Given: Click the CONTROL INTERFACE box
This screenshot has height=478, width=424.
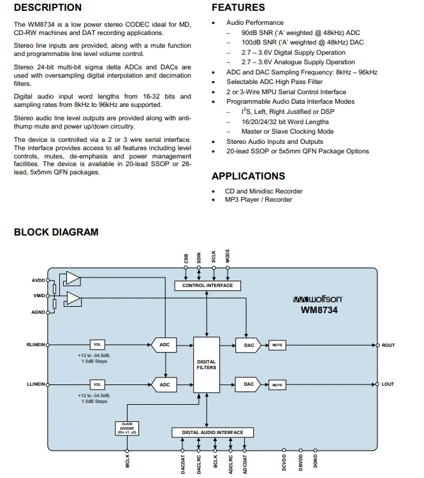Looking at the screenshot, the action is (x=207, y=285).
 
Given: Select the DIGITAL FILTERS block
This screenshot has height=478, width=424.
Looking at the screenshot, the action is (x=207, y=365).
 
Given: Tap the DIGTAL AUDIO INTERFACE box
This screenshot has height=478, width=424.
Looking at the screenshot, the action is (x=212, y=432).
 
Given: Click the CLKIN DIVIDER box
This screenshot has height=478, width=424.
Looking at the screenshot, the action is (x=127, y=428).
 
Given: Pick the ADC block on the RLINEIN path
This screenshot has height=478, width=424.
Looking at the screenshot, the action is (x=164, y=345).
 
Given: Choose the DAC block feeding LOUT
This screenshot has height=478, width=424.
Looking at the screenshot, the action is (x=249, y=384).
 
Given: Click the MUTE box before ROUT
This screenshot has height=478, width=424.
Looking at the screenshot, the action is (x=277, y=345).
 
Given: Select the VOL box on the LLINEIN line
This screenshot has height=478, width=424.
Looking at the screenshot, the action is (x=97, y=384).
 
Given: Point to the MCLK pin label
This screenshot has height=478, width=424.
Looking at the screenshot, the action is (x=128, y=461).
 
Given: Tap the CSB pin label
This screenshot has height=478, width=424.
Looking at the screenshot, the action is (x=186, y=258).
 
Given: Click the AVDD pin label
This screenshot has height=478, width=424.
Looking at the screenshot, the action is (x=38, y=281).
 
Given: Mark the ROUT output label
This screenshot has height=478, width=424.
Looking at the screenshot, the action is (x=388, y=346).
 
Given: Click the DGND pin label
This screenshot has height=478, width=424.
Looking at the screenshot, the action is (x=315, y=461).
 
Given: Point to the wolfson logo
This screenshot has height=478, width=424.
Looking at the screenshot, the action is (x=318, y=299).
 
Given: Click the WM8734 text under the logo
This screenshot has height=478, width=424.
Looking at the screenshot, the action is (x=319, y=310).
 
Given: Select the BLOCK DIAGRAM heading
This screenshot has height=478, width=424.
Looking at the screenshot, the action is (x=56, y=232).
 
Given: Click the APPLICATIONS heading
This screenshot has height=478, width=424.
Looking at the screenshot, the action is (x=249, y=176).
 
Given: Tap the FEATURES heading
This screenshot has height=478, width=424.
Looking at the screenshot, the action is (x=238, y=7).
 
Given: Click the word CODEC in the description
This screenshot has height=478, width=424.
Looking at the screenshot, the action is (x=136, y=24).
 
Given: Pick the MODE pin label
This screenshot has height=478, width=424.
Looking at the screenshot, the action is (x=228, y=256).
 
